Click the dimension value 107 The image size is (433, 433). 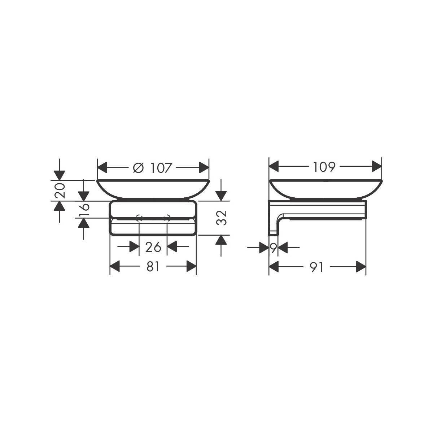[161, 168]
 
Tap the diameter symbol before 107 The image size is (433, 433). [138, 168]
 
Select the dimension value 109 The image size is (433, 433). [324, 166]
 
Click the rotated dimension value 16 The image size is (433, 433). [84, 209]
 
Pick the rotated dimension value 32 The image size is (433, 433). [222, 218]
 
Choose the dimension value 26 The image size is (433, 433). [153, 247]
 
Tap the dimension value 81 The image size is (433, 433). [153, 267]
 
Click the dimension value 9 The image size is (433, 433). [273, 248]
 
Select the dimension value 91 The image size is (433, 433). [316, 267]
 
